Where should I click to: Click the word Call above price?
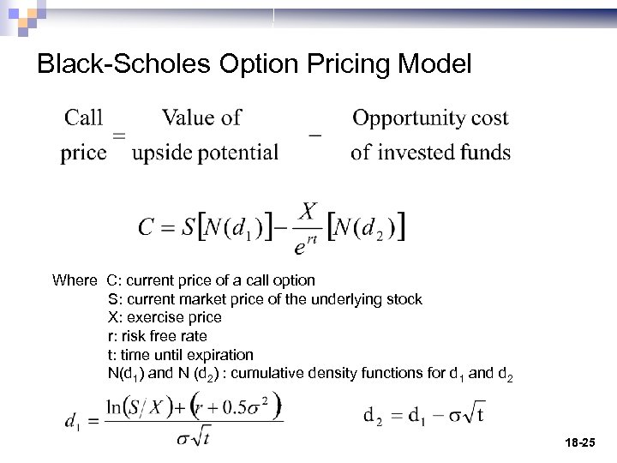[x=84, y=117]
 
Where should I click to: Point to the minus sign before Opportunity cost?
[x=314, y=135]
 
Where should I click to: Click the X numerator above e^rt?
[x=308, y=212]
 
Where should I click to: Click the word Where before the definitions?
[x=75, y=280]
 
